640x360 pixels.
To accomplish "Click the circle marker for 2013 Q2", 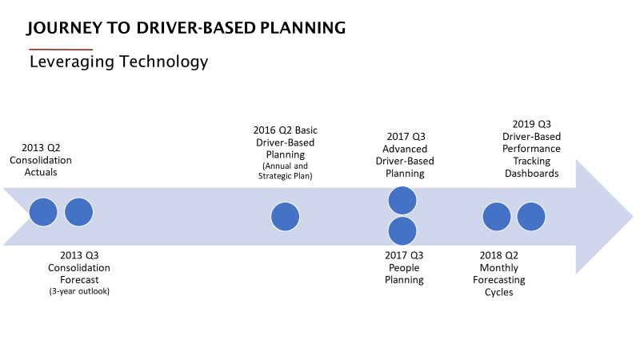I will [43, 212].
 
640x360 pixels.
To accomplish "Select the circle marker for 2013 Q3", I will [78, 212].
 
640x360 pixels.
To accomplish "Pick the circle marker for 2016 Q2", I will [285, 217].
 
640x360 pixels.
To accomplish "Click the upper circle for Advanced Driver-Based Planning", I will [402, 200].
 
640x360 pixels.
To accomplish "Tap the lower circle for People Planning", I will [402, 231].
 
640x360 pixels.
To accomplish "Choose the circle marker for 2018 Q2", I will [496, 217].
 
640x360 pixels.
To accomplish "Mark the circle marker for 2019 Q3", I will [531, 217].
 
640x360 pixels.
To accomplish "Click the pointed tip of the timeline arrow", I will [632, 216].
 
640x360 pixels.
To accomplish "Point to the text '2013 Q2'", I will [41, 147].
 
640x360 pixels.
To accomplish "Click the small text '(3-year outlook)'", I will [79, 290].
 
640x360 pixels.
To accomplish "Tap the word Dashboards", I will [532, 173].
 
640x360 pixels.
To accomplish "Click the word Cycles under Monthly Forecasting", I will [499, 292].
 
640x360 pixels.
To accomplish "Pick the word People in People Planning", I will [404, 268].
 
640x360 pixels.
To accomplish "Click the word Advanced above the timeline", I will [405, 149].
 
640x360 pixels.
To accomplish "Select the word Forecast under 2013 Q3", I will [79, 279].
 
